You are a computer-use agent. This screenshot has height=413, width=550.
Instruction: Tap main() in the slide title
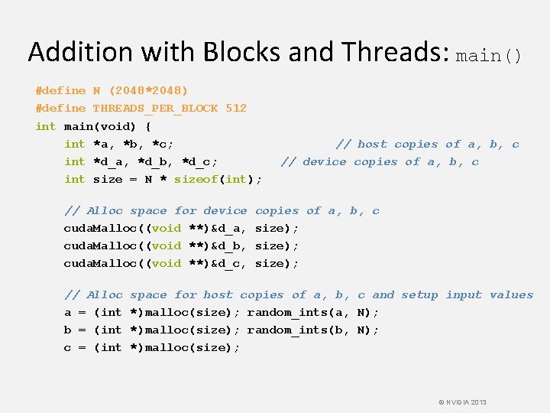point(489,55)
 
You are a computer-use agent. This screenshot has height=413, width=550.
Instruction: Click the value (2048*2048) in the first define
point(141,90)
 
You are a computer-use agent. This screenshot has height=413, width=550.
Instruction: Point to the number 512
point(235,108)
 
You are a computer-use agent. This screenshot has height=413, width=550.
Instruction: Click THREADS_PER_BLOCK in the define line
point(155,108)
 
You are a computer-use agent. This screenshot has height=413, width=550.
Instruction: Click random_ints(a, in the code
point(299,312)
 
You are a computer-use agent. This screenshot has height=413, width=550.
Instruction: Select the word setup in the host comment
point(419,294)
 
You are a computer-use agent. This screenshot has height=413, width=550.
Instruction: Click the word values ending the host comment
point(511,294)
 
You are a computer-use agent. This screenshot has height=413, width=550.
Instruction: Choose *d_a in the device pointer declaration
point(111,161)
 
